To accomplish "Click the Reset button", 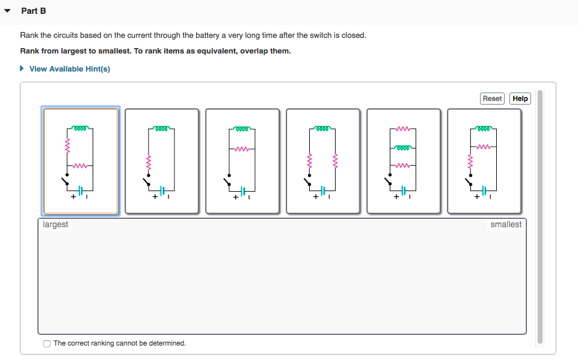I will [x=492, y=99].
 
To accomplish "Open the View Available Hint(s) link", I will [x=69, y=69].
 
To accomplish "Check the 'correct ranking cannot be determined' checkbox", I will [x=47, y=344].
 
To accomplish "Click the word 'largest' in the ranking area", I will [x=55, y=225].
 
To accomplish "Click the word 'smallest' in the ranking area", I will [x=506, y=225].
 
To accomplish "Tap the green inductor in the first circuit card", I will [x=81, y=128].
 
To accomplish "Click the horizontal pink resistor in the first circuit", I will [x=81, y=166].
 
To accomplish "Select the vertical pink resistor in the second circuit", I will [x=148, y=162].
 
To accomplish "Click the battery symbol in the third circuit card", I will [x=243, y=191].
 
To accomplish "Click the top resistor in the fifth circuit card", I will [x=404, y=128].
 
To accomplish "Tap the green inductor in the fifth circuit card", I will [x=404, y=147].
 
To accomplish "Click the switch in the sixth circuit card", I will [x=468, y=179].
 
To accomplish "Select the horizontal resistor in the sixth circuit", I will [x=484, y=147].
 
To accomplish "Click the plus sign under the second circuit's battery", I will [x=154, y=196].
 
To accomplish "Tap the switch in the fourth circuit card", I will [x=307, y=179].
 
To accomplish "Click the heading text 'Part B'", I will [x=33, y=11].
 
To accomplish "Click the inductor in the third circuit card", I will [x=242, y=128].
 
